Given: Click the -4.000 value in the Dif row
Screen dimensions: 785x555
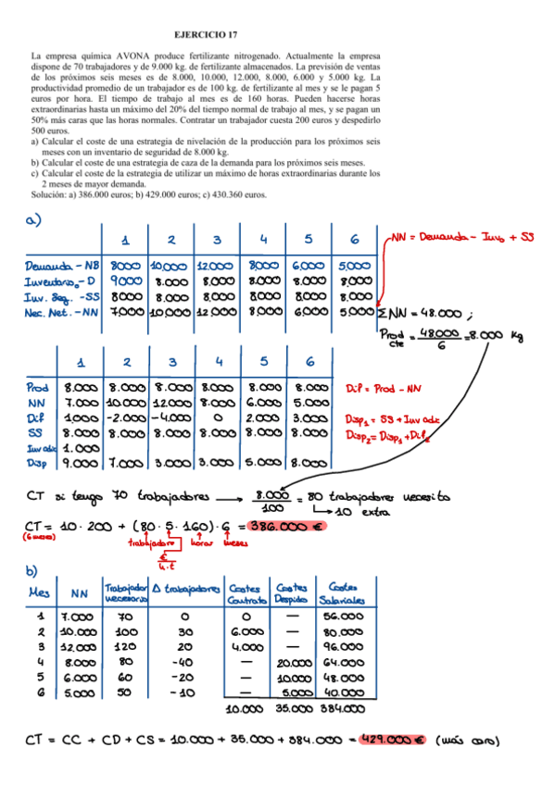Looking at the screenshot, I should (172, 417).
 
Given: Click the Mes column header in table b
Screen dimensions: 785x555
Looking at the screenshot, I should (37, 592).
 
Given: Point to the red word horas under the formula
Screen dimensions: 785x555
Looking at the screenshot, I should (202, 543).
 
